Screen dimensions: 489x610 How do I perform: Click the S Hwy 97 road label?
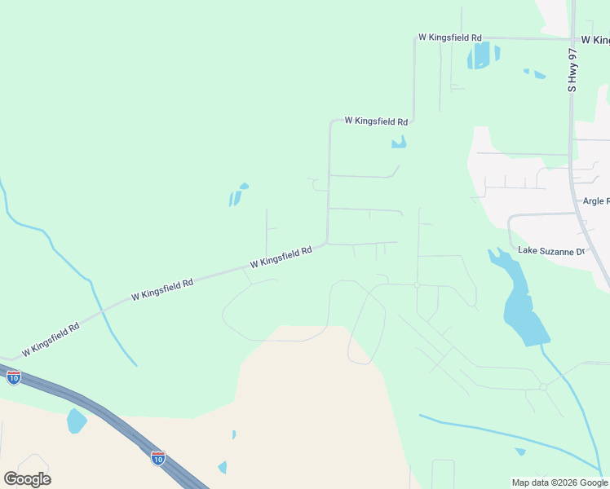pos(572,69)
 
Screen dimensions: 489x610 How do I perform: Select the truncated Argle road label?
pos(596,200)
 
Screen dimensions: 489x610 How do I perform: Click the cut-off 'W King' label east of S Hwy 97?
pos(595,39)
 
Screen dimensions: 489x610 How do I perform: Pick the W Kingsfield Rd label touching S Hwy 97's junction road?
pos(449,37)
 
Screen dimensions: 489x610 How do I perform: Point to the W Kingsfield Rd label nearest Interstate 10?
pos(51,339)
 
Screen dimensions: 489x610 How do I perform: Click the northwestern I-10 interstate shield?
pos(14,377)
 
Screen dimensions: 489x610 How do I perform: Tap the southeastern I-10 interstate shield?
pos(158,457)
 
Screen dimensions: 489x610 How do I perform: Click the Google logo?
pos(27,479)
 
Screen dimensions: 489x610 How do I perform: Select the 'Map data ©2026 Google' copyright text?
pos(559,482)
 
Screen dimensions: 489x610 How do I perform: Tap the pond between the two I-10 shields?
pos(76,421)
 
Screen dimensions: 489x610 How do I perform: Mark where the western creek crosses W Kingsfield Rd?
pos(103,311)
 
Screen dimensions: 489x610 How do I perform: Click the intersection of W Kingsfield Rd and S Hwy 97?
pos(572,37)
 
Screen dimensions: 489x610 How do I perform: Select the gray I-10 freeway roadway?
pos(98,413)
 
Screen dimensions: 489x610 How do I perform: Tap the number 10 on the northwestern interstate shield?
pos(14,378)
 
